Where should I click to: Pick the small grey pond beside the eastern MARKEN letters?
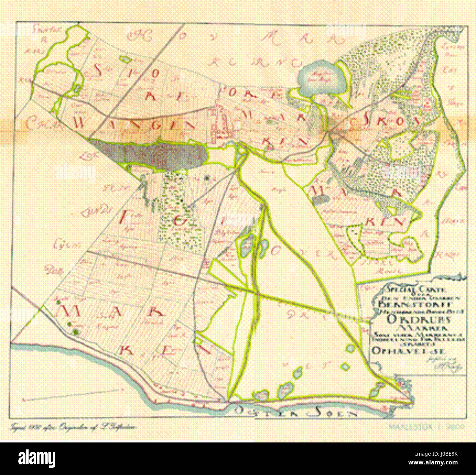[x=321, y=199]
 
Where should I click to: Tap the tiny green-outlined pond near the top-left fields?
[x=124, y=58]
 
